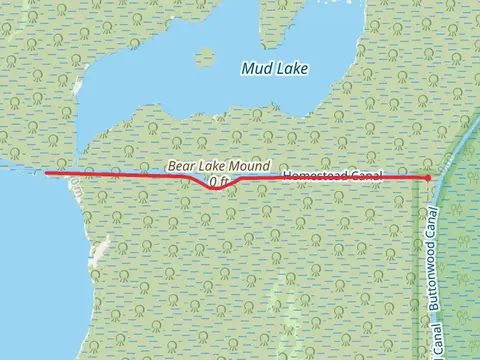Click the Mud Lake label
click(x=275, y=68)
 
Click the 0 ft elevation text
click(x=218, y=181)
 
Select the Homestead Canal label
click(x=332, y=176)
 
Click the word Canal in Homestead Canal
click(x=368, y=176)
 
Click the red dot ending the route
click(x=428, y=178)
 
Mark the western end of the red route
click(x=47, y=173)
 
